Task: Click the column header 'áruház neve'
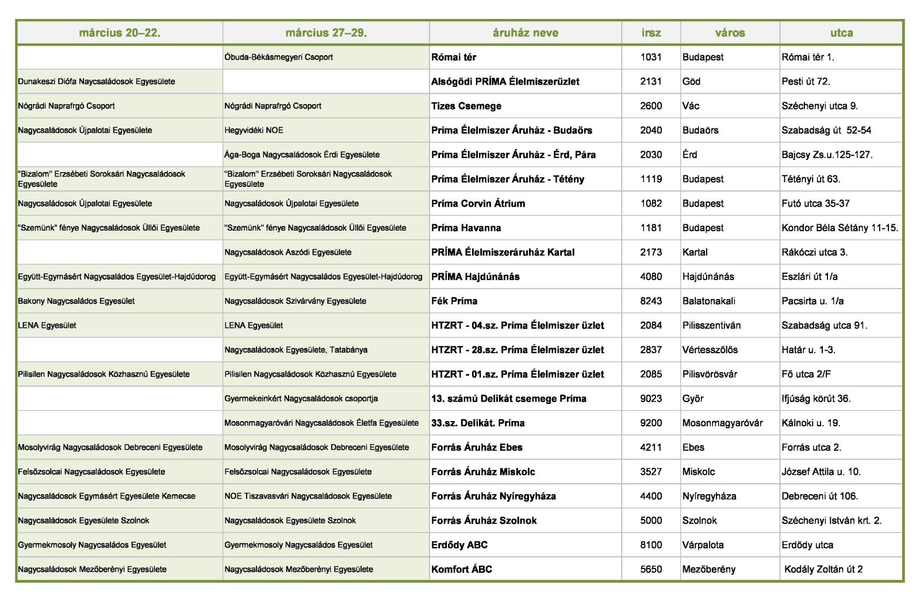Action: coord(525,33)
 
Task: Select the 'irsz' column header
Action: coord(651,33)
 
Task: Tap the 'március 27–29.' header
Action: coord(326,33)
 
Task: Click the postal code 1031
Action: coord(651,57)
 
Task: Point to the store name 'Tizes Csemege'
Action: coord(466,106)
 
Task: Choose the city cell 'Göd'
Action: coord(691,82)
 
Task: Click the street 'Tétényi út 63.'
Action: coord(811,179)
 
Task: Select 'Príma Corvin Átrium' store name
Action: coord(478,204)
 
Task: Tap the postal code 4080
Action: coord(651,277)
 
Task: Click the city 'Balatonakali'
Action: coord(708,301)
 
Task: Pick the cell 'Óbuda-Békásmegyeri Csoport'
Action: coord(278,57)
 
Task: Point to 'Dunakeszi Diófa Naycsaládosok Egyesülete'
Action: coord(97,82)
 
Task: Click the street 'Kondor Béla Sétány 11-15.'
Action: coord(839,228)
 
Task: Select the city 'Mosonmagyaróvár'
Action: coord(722,423)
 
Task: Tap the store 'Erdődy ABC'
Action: coord(459,545)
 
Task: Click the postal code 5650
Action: coord(651,570)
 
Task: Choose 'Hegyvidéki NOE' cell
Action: coord(254,131)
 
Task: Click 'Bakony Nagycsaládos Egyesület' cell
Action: coord(76,301)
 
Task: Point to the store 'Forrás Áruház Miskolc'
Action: coord(483,472)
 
